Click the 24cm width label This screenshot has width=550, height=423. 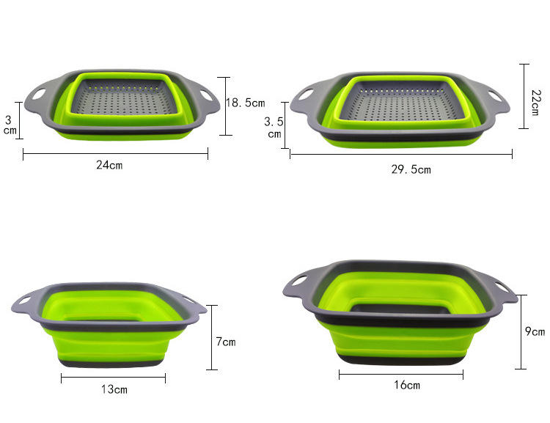click(x=109, y=165)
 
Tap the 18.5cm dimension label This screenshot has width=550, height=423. click(x=245, y=103)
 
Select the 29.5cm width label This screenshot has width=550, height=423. click(x=411, y=170)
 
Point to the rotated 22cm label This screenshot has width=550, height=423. click(x=535, y=103)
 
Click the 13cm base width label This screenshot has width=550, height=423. click(x=114, y=389)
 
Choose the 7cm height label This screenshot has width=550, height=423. click(x=226, y=342)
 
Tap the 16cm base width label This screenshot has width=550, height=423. click(x=407, y=385)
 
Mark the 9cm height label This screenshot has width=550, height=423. click(x=535, y=331)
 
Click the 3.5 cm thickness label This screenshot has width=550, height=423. click(x=274, y=128)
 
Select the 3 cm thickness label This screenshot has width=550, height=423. click(x=10, y=125)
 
